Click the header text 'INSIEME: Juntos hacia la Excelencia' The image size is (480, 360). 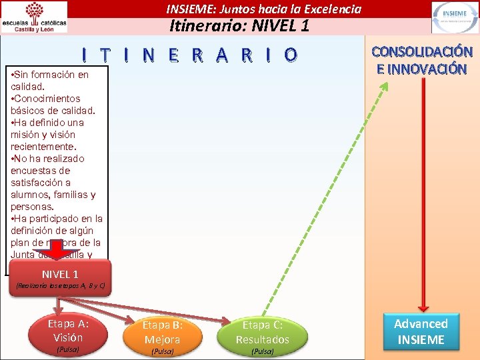click(x=263, y=9)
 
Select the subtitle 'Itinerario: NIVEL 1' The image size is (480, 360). click(x=239, y=27)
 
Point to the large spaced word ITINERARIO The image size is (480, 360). click(x=187, y=54)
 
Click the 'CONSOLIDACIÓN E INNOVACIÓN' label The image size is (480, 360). click(x=422, y=60)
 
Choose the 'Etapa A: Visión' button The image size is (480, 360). click(x=68, y=331)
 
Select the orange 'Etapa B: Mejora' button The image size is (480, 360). click(x=163, y=332)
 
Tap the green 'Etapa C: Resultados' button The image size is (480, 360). click(x=262, y=332)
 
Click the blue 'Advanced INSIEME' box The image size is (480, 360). click(x=421, y=332)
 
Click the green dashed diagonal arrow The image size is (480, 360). click(x=320, y=200)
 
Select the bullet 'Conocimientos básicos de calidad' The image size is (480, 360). click(x=53, y=104)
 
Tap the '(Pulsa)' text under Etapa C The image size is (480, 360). click(x=262, y=351)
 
